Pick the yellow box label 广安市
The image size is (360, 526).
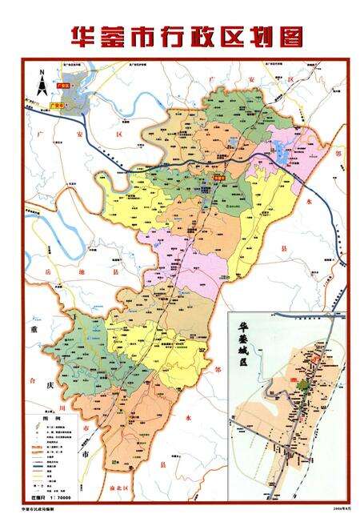click(57, 103)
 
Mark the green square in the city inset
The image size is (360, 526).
click(302, 385)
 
